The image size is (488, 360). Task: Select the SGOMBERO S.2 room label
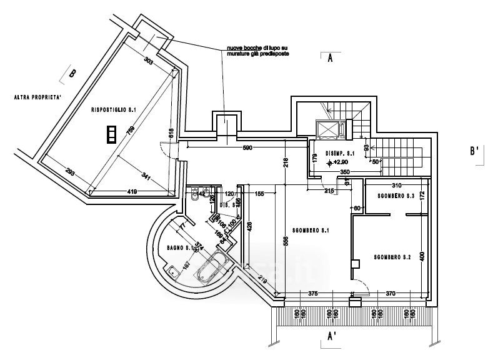(392, 257)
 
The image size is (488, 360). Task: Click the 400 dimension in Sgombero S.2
(422, 257)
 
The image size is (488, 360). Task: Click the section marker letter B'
(474, 151)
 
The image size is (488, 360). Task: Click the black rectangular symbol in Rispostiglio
(112, 134)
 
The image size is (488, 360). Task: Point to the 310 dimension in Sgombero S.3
(395, 186)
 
